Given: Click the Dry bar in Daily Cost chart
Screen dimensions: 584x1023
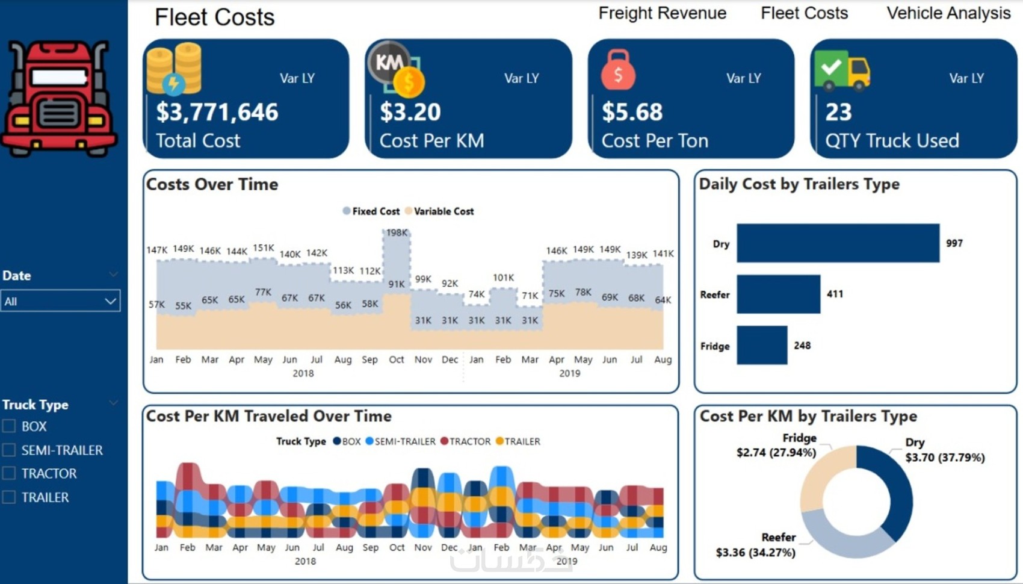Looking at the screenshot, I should pos(838,243).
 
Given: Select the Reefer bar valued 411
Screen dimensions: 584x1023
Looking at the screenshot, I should pos(778,294).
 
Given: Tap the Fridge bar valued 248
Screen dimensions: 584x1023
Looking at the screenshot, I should pos(762,346).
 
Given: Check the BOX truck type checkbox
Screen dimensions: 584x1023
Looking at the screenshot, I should pos(9,426).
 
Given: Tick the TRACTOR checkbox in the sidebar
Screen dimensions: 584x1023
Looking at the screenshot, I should pos(9,474).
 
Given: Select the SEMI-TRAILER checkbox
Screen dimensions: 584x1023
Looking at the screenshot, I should pos(9,450).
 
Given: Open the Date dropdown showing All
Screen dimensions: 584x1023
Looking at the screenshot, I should pos(60,301).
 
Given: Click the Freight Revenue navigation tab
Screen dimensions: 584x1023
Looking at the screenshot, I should pos(662,13).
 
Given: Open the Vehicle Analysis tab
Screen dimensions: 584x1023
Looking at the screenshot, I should pos(948,13).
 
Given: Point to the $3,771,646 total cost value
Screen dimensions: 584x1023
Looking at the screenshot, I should pos(217,112).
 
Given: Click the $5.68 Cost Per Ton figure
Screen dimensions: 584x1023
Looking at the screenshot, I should pos(632,112).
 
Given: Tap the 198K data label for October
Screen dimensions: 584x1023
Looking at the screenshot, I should pos(397,232).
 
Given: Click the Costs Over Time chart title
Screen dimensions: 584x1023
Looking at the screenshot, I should pos(212,184).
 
